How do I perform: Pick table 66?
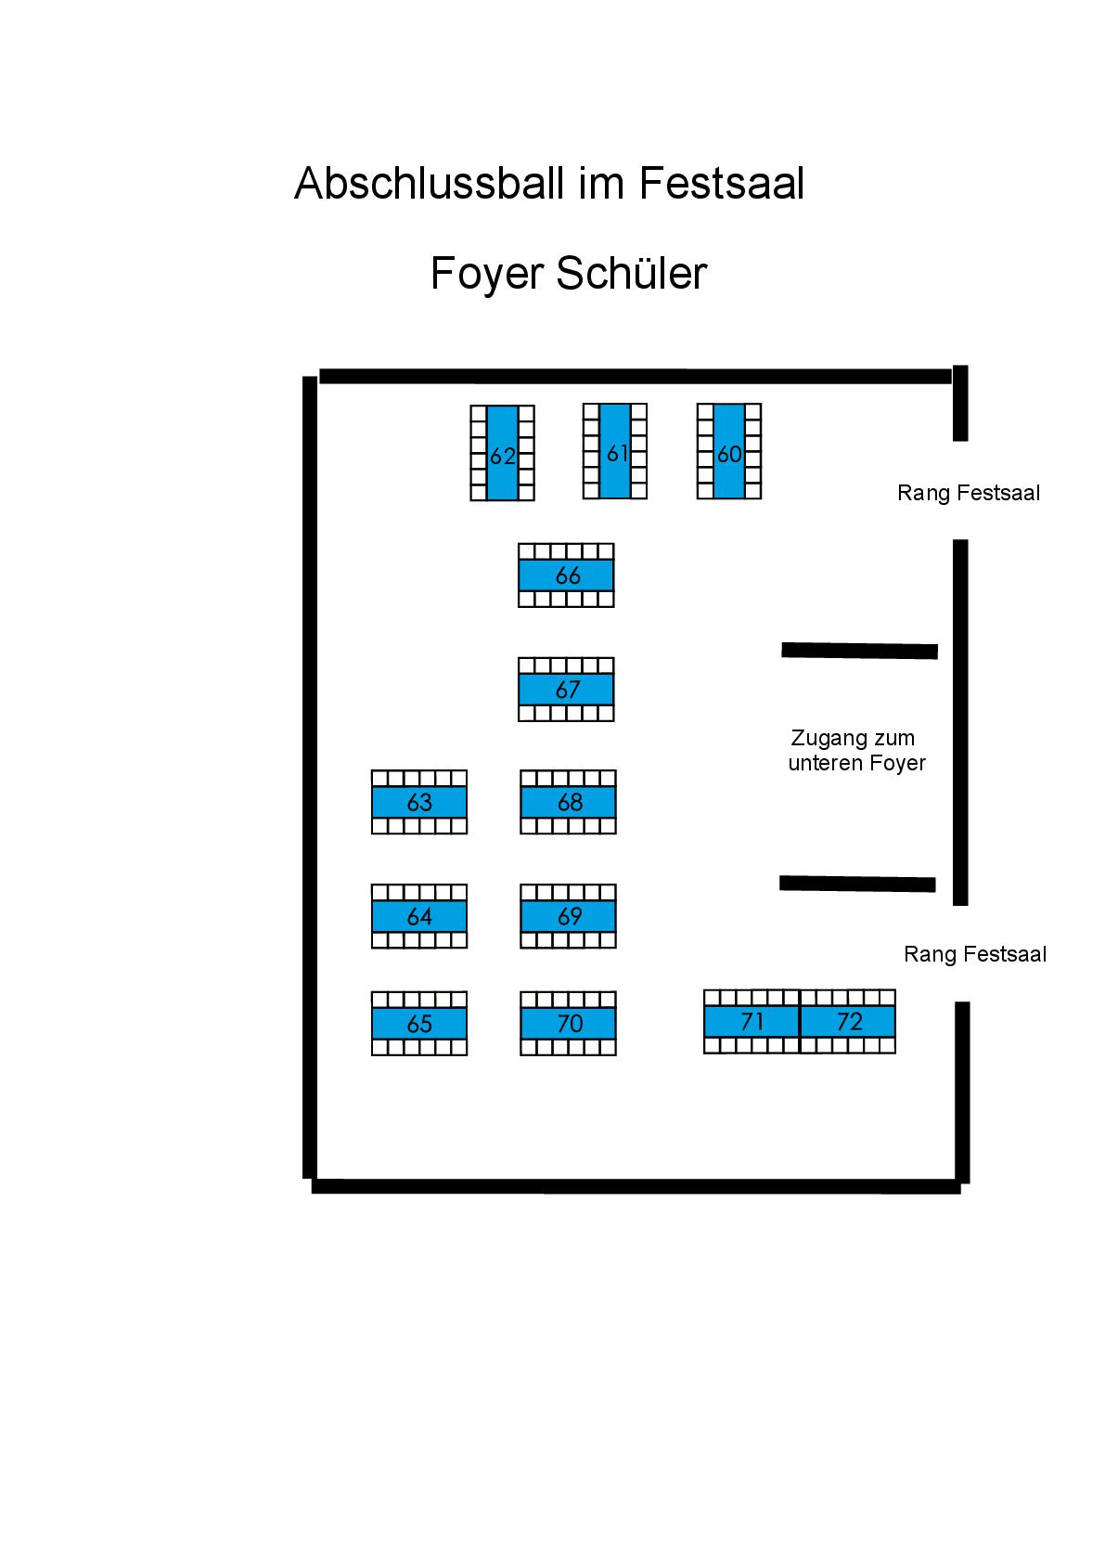click(566, 575)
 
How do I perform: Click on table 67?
click(566, 690)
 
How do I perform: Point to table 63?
click(419, 802)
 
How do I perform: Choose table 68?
click(568, 802)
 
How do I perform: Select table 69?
click(568, 916)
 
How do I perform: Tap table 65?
click(419, 1024)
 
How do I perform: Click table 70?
click(568, 1024)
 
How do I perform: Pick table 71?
click(752, 1022)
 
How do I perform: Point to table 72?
click(848, 1022)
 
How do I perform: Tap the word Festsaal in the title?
click(721, 184)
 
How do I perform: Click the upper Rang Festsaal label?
click(968, 493)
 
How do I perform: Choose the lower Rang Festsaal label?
click(974, 954)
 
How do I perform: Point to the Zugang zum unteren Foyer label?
click(855, 751)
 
